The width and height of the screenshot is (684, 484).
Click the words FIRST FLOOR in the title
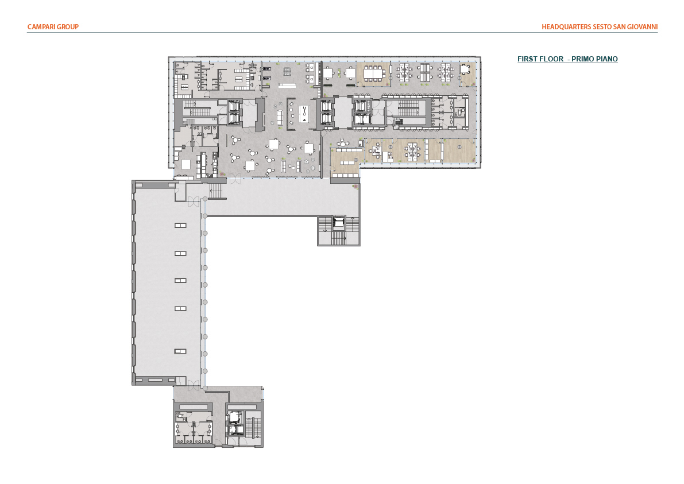pos(540,59)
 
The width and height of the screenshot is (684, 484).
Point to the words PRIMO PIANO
pos(594,59)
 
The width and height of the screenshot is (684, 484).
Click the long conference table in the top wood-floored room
pos(373,73)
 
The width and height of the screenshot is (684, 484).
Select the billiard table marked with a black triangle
pos(304,114)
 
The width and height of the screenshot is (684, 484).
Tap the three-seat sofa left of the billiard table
pos(280,117)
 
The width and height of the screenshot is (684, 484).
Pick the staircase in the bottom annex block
pos(250,428)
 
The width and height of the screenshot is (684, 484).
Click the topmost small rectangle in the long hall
pos(180,226)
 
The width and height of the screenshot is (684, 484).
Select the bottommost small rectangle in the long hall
pos(180,351)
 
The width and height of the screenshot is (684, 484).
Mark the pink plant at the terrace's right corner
pos(355,187)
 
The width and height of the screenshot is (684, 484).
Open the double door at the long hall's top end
pos(194,202)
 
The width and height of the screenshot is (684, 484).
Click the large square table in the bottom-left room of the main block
pos(186,164)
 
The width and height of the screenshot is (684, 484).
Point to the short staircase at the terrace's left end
pos(217,191)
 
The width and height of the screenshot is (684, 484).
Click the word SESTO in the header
pos(602,26)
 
